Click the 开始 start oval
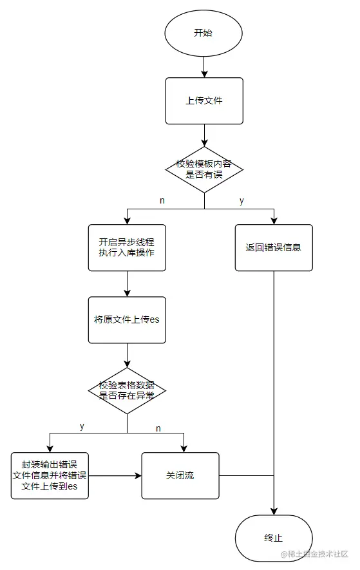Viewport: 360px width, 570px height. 204,33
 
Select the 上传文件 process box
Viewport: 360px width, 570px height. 204,100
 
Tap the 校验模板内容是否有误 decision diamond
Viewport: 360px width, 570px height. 204,169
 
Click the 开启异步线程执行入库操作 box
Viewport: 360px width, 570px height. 127,247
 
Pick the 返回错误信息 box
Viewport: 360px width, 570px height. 274,247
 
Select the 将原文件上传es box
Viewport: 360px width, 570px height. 127,319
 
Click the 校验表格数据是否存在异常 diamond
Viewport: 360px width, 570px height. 127,390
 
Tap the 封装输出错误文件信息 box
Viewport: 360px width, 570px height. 50,475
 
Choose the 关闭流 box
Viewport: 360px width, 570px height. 180,475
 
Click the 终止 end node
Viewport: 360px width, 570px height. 274,538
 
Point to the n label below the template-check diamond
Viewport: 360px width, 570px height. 162,201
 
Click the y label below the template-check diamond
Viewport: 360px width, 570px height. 242,201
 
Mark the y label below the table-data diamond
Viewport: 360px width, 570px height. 82,426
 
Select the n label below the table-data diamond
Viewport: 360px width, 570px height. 158,428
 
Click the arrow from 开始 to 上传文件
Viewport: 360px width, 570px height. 204,66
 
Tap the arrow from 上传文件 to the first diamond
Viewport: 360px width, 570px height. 204,135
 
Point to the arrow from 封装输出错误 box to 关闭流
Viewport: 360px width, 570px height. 115,476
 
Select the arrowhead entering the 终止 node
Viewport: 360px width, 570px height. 274,511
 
